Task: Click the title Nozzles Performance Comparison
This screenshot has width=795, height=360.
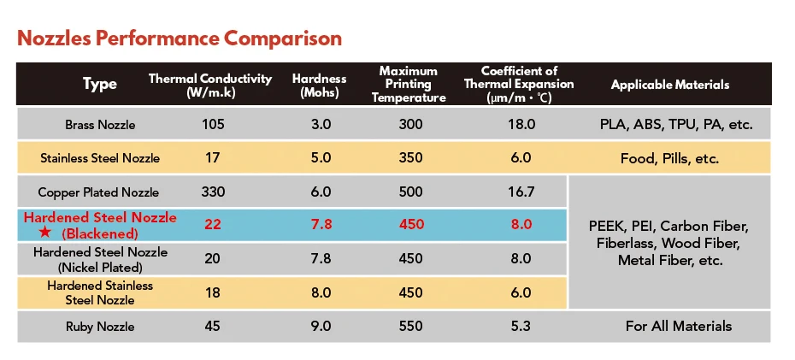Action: tap(180, 39)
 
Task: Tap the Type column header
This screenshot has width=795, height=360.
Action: tap(100, 85)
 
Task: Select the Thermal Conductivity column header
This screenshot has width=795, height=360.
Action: tap(210, 85)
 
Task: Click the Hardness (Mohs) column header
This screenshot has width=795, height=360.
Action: tap(320, 85)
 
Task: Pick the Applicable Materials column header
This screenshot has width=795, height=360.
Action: tap(670, 85)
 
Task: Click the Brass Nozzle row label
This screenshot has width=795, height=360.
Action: tap(100, 125)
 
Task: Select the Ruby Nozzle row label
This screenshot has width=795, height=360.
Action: tap(100, 326)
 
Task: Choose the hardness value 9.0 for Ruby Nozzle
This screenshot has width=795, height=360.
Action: tap(320, 326)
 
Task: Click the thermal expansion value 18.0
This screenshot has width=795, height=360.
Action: tap(521, 125)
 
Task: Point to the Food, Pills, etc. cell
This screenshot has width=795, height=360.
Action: tap(670, 158)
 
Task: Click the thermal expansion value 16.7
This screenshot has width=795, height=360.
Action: tap(521, 192)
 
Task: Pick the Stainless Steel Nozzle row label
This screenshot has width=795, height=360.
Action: tap(100, 158)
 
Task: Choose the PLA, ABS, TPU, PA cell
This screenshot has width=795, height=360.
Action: tap(675, 125)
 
